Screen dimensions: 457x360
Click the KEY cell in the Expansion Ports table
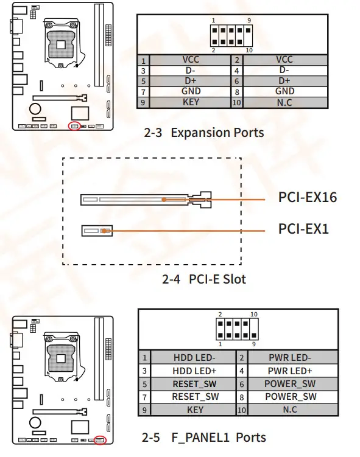[191, 102]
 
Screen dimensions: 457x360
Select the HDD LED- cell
[195, 358]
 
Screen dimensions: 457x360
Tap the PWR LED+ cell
[291, 371]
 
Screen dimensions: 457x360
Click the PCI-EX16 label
[307, 197]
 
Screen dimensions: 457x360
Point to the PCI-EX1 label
[303, 229]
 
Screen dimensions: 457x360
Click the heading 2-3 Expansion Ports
[203, 133]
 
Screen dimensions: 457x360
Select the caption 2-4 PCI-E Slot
[203, 279]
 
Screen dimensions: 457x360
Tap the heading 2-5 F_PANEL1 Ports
[204, 437]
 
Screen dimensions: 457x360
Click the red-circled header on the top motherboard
[75, 127]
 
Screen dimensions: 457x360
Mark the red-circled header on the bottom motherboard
[99, 440]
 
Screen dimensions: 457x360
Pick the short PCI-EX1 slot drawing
[97, 231]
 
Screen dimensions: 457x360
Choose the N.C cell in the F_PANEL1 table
[291, 410]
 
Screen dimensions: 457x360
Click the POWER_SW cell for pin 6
[291, 384]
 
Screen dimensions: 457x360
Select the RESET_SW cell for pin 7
[195, 397]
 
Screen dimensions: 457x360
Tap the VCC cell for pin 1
[191, 60]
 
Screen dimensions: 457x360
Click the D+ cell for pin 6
[284, 81]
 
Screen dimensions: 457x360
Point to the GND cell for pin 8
[284, 91]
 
